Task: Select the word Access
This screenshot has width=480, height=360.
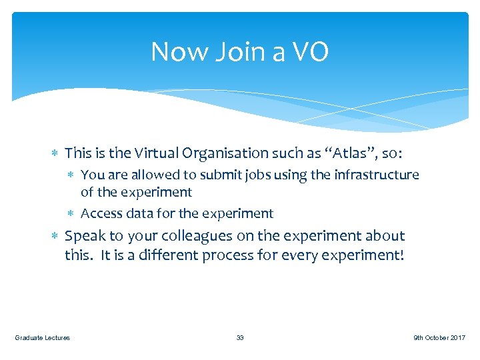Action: [x=101, y=213]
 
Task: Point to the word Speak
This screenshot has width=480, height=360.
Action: [x=84, y=236]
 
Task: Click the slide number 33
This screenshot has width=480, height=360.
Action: [x=240, y=338]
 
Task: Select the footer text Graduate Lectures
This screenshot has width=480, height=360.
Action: [x=43, y=338]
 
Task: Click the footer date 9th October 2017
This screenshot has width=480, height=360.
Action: [x=439, y=338]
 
